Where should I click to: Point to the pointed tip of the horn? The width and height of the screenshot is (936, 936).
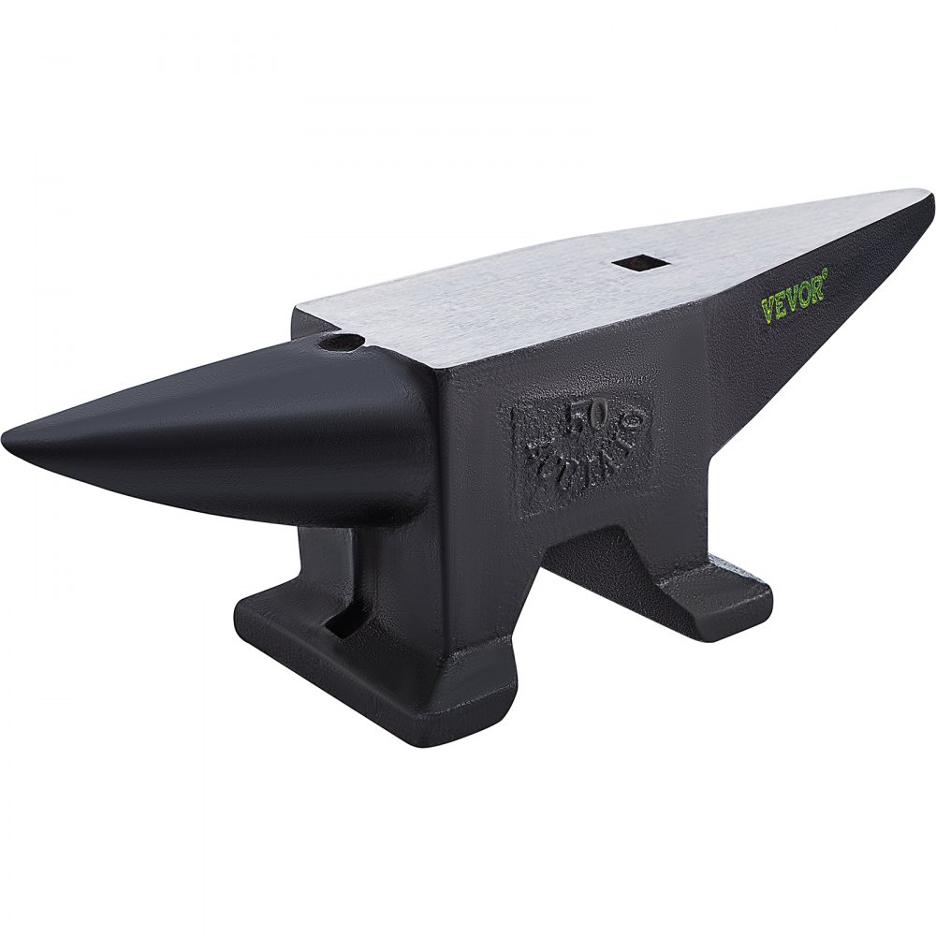tap(7, 437)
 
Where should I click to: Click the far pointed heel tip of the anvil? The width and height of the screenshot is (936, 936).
tap(929, 196)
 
